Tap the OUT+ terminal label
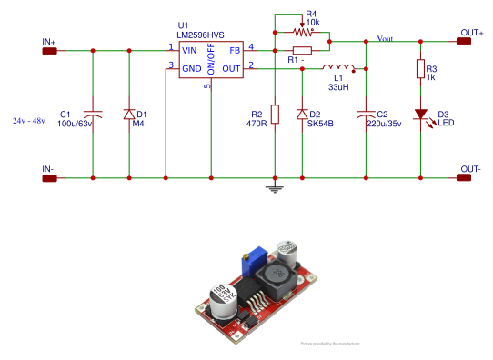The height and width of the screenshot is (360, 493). coord(471,33)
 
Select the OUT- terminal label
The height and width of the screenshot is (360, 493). coord(470,168)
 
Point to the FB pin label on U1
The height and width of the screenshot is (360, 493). coord(235,49)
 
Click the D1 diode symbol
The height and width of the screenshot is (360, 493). coord(129,114)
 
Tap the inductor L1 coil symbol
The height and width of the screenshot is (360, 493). coord(338,67)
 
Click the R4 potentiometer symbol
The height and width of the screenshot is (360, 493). coord(302,29)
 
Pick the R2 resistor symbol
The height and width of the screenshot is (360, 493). coord(275,114)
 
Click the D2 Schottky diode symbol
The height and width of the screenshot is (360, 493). coord(301,114)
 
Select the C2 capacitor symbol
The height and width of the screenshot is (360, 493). coord(366,114)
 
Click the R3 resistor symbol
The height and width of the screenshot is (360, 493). coord(420,69)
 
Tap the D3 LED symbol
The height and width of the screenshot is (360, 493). coord(421,115)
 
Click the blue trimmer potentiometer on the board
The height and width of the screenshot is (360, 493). coord(250,263)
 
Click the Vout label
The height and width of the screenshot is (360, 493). coord(385,40)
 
